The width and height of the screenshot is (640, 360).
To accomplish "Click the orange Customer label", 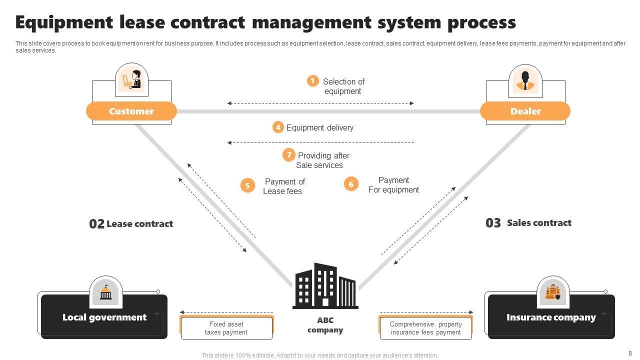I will (131, 111).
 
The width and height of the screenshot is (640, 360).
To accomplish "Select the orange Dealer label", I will (525, 111).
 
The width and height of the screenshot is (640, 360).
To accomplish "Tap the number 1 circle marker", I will (313, 80).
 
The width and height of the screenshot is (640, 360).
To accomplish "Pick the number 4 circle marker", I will (278, 127).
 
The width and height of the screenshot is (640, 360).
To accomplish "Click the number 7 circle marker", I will (288, 155).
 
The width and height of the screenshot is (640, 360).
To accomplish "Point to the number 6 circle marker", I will (351, 184).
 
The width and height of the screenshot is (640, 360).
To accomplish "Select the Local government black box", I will (104, 317).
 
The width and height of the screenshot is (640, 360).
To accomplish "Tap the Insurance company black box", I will (551, 317).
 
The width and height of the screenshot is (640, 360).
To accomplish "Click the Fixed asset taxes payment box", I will (226, 328).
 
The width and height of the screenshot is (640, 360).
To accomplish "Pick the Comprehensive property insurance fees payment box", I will (425, 328).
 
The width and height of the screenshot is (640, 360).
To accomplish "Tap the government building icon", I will (105, 292).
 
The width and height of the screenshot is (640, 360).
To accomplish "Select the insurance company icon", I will (552, 292).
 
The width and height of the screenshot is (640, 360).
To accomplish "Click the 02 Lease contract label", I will (131, 223).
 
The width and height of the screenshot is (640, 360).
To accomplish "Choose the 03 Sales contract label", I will (528, 222).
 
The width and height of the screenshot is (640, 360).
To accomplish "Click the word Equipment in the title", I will (64, 22).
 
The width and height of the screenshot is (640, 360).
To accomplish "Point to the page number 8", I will (629, 352).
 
